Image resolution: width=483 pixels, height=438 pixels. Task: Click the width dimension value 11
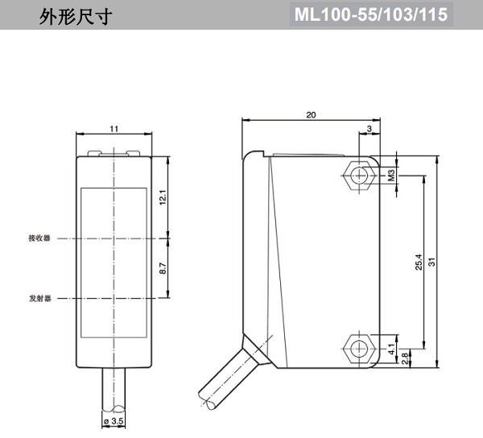114,129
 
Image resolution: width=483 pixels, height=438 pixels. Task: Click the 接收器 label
39,238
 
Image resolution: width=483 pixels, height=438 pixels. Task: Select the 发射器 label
39,298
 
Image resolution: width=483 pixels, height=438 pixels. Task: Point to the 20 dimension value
311,115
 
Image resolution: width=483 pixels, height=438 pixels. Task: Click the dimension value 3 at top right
369,129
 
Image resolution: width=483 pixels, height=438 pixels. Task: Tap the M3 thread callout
391,174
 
